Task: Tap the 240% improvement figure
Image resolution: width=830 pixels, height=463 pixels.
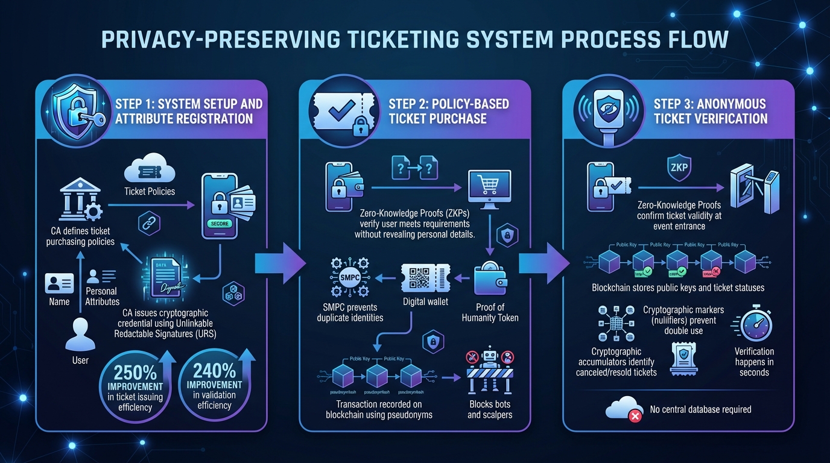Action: pos(215,368)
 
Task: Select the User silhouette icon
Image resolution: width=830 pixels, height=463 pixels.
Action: pos(80,334)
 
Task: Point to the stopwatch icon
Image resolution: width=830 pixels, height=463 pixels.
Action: pos(754,325)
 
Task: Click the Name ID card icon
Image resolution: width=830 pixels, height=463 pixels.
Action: pos(59,283)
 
